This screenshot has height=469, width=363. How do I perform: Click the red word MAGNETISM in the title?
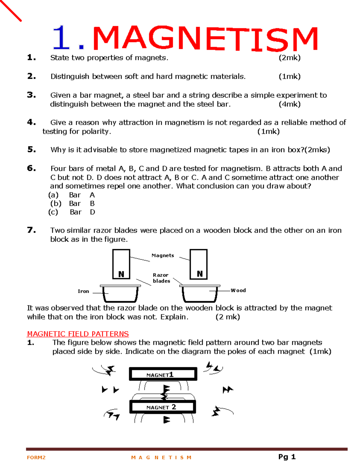205,38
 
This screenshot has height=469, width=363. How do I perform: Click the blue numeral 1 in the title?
61,38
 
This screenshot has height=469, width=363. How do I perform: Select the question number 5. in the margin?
31,149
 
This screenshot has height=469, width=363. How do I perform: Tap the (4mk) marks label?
289,104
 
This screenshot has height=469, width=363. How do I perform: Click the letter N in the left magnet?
121,274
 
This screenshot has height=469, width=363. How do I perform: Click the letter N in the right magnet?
200,274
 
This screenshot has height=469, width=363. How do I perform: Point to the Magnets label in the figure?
163,255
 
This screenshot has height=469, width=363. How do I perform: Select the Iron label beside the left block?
83,291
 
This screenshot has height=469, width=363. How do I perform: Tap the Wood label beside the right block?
238,291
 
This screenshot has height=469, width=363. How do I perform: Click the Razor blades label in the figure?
161,278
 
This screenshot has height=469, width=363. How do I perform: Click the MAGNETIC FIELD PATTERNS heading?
78,334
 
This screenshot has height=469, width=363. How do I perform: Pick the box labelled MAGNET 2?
163,407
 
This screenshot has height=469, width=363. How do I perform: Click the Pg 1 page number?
287,457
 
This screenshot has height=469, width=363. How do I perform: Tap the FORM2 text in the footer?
36,458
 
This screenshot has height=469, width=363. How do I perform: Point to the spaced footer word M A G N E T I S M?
161,458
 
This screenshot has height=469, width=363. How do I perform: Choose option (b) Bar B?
72,204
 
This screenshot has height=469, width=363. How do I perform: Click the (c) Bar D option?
72,212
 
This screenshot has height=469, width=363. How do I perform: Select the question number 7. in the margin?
31,230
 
